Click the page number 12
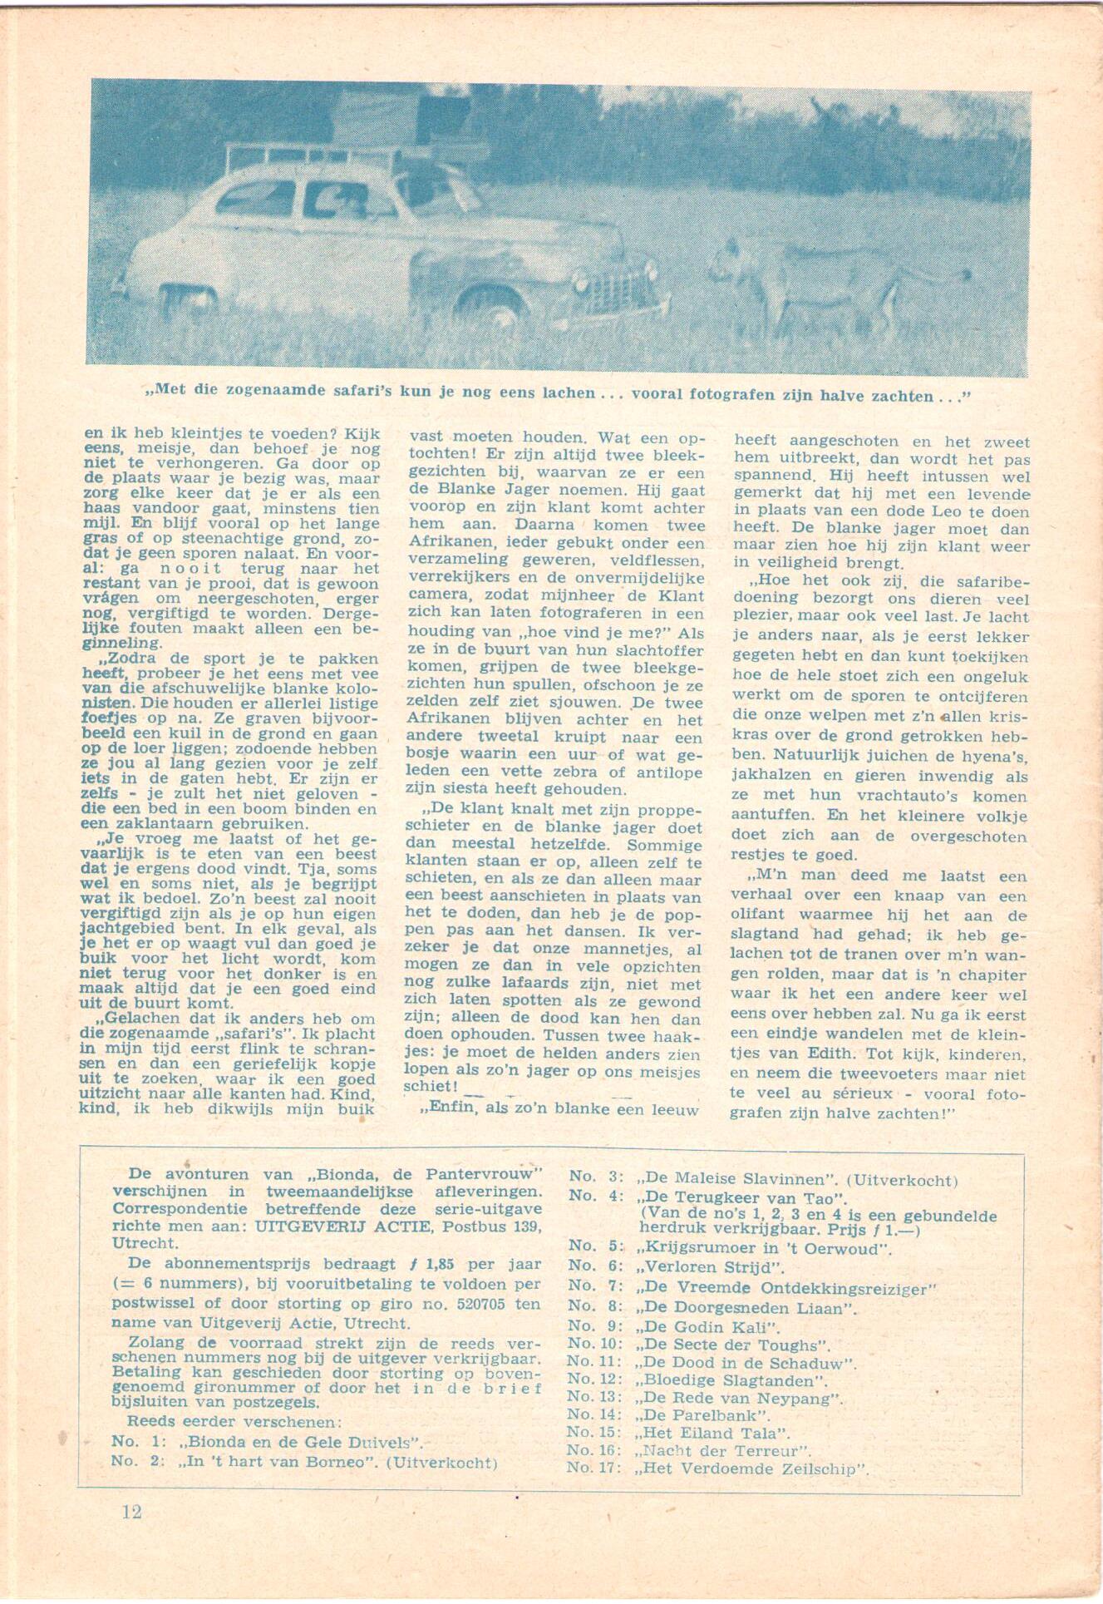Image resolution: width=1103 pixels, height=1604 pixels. [132, 1511]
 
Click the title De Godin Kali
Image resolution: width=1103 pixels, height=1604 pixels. [707, 1327]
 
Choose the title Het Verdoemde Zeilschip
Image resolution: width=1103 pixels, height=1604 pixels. [753, 1468]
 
